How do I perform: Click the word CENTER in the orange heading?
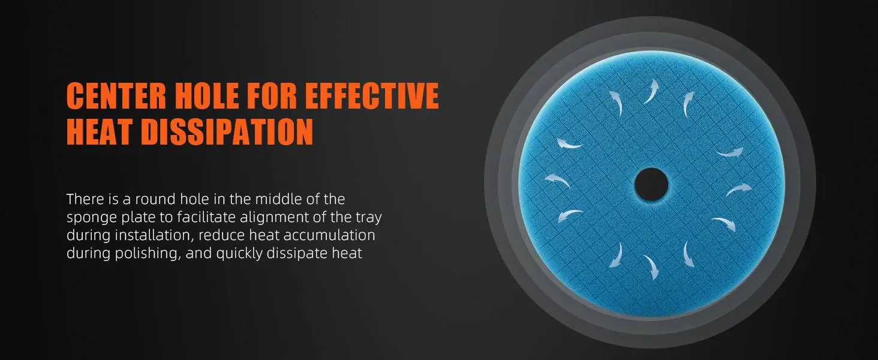coord(116,95)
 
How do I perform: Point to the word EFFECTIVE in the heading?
coord(372,95)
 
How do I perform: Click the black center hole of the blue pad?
coord(651,184)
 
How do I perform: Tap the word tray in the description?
coord(368,218)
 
